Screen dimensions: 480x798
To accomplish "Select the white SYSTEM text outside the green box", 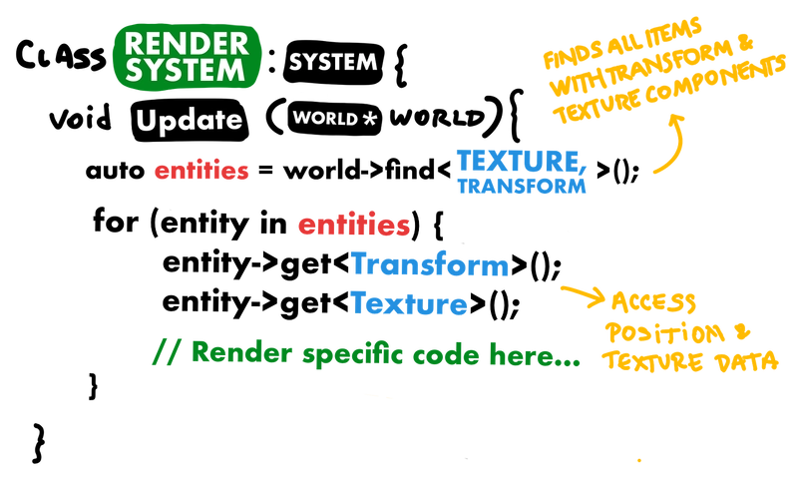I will (333, 62).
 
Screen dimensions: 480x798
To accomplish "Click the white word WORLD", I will (323, 118).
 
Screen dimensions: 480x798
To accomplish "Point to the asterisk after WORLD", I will (370, 119).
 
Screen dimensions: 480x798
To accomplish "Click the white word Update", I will (190, 122).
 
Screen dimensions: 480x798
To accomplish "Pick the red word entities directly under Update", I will (201, 172).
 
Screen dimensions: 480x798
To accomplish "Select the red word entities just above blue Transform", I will (353, 227).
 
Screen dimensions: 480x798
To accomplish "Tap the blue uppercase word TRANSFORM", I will (521, 187).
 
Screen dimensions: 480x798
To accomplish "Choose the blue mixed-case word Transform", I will (430, 266).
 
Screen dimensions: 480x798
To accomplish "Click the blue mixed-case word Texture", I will (409, 302).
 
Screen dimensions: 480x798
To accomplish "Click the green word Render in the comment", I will (237, 352).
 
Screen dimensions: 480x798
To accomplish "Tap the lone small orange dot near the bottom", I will (638, 460).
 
